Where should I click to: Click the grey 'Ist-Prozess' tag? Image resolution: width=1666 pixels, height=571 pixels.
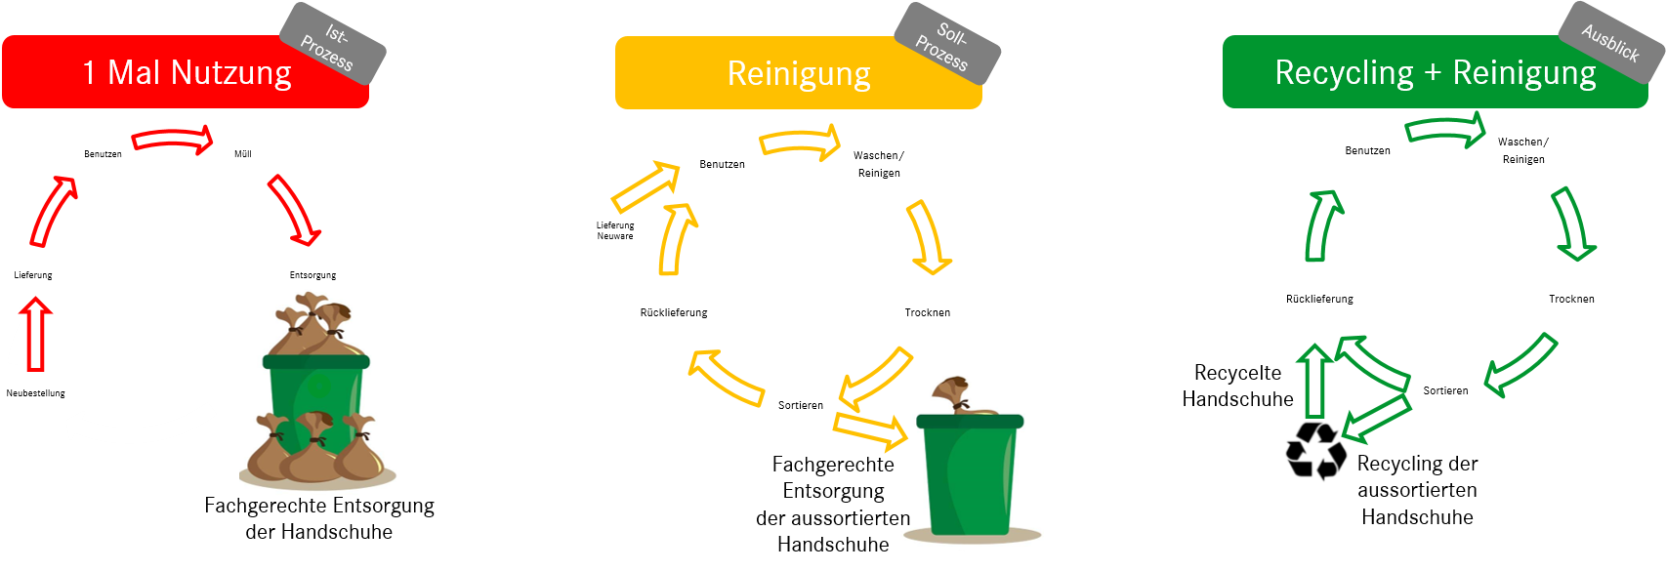pyautogui.click(x=332, y=44)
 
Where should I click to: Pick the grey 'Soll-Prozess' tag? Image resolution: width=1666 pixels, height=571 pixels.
pyautogui.click(x=946, y=44)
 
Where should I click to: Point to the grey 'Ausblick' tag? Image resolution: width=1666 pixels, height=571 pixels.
pyautogui.click(x=1611, y=42)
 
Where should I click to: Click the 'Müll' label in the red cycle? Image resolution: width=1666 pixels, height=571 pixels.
pyautogui.click(x=243, y=154)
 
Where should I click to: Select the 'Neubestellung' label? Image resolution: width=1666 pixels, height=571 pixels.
pyautogui.click(x=36, y=393)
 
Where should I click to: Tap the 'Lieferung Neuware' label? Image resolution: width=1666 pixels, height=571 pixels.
pyautogui.click(x=615, y=230)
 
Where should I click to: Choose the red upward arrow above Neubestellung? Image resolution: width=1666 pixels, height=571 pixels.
pyautogui.click(x=36, y=335)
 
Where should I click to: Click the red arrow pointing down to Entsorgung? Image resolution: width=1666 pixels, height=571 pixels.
pyautogui.click(x=295, y=210)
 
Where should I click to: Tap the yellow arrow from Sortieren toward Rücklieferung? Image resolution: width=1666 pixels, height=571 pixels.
pyautogui.click(x=725, y=378)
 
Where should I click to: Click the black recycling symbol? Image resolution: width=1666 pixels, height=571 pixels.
pyautogui.click(x=1314, y=450)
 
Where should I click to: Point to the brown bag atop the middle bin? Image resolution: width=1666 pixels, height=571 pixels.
pyautogui.click(x=952, y=396)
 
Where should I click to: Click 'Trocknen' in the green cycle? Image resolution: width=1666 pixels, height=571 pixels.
pyautogui.click(x=1571, y=299)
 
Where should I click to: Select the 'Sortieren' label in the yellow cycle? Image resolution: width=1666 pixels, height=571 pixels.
pyautogui.click(x=801, y=405)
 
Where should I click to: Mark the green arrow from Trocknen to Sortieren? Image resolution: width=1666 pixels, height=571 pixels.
pyautogui.click(x=1520, y=363)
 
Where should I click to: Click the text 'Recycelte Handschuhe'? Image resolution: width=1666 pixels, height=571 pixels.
pyautogui.click(x=1237, y=386)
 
